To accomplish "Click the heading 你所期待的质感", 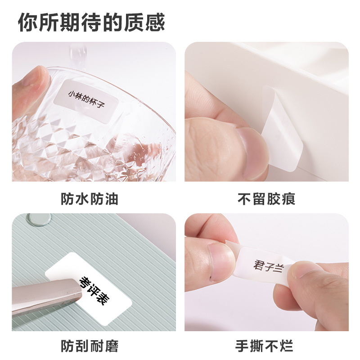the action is tap(91, 22).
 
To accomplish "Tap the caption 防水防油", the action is tap(90, 199).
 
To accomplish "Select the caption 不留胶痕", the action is tap(266, 199).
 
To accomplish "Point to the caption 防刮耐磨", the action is tap(90, 346).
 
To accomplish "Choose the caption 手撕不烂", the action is tap(264, 346).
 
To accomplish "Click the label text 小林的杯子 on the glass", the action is tap(86, 99).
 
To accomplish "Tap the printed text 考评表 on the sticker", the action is tap(94, 291).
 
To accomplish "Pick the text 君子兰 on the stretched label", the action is tap(269, 266).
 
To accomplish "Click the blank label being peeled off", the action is tap(283, 129).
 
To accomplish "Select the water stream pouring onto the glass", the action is tap(78, 58).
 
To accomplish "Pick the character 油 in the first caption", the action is tap(111, 199).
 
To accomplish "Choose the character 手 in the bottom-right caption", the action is tap(242, 346).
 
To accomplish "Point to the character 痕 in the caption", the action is tap(288, 199).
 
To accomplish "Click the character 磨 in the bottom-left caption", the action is tap(112, 346).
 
